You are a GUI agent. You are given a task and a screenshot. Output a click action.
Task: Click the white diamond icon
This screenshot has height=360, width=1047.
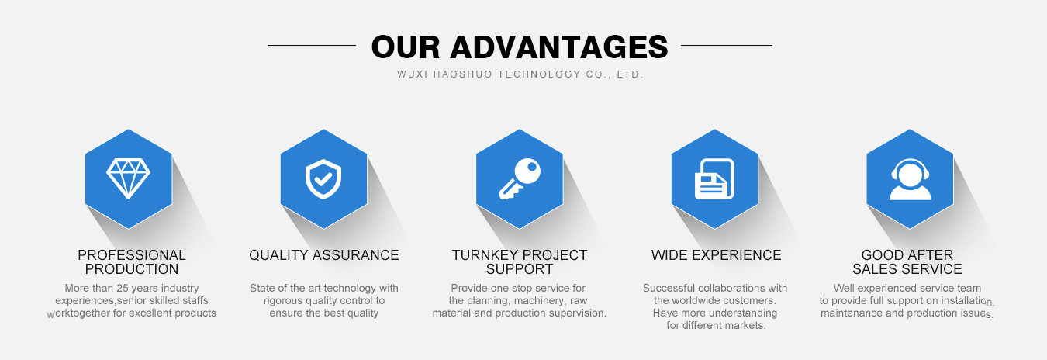point(128,178)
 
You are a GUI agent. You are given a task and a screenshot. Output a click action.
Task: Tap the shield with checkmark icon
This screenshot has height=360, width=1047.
point(323,179)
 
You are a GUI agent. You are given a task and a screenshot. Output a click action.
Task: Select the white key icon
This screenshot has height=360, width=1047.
point(520,178)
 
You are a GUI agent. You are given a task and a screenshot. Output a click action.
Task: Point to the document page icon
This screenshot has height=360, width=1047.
point(714,179)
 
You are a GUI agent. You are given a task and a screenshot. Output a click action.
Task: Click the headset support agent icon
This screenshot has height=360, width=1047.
point(910,179)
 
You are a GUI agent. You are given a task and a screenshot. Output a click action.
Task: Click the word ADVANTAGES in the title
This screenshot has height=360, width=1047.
point(559,47)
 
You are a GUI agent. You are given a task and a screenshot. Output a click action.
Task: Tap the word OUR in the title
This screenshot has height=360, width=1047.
point(406,47)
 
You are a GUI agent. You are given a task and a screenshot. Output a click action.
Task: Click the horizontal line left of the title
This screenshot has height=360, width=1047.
point(312,45)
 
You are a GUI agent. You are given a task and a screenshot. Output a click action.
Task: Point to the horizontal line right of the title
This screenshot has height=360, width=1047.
point(727,45)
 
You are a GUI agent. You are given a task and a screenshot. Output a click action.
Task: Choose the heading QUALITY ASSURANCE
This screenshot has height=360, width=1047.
point(324,255)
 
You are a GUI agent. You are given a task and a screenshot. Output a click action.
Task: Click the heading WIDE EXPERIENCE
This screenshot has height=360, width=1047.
point(716,255)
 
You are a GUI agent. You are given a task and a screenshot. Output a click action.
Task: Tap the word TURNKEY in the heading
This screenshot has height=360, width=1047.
point(483,255)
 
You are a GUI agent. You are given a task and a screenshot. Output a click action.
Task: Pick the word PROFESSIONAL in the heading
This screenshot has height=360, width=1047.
point(132,255)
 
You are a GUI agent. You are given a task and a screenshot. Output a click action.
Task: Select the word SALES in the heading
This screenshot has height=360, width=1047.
point(873,269)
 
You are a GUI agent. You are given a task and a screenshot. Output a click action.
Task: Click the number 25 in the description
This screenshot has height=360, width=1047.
point(123,288)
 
